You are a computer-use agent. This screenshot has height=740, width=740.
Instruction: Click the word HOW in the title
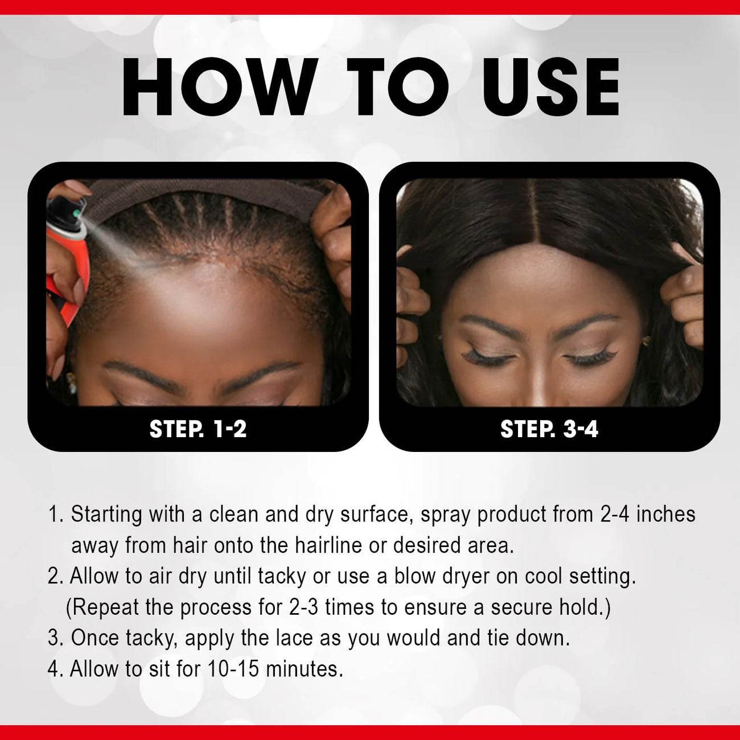[219, 87]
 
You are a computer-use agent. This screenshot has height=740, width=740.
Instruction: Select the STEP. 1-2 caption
[198, 429]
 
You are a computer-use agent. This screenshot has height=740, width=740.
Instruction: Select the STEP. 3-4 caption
[549, 429]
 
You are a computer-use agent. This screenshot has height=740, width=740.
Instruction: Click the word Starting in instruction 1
[106, 515]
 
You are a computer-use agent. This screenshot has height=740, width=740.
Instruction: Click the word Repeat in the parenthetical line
[105, 607]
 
